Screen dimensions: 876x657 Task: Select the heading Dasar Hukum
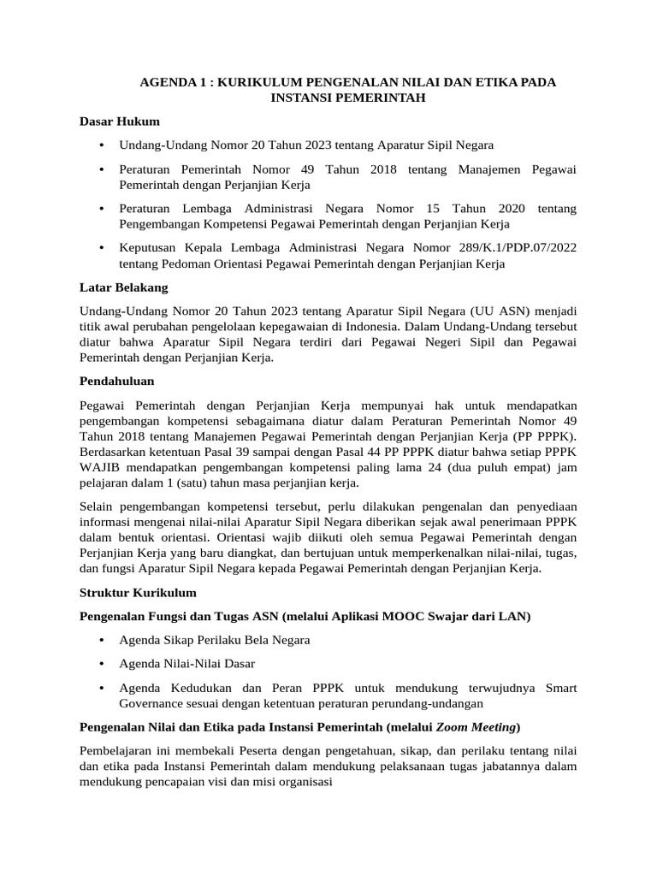[x=119, y=121]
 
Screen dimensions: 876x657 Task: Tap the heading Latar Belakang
[x=123, y=287]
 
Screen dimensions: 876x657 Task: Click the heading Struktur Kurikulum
[x=138, y=592]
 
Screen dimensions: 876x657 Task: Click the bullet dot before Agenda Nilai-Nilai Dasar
[x=102, y=663]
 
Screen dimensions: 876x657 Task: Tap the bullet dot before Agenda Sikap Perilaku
[x=102, y=640]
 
